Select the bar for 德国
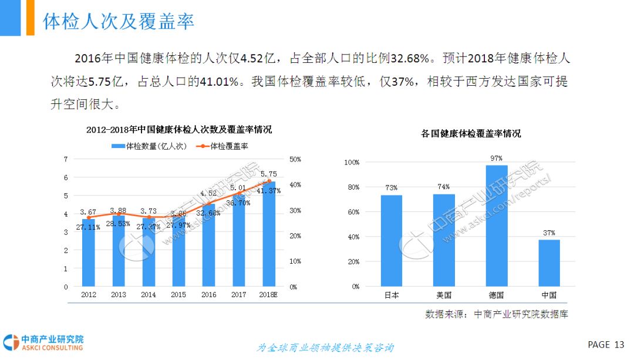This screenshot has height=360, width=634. pyautogui.click(x=497, y=226)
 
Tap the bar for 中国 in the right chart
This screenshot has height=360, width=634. pyautogui.click(x=549, y=263)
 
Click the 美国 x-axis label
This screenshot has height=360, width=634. pyautogui.click(x=444, y=295)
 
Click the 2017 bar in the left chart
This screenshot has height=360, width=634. pyautogui.click(x=238, y=241)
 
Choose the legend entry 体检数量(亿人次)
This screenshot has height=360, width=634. pyautogui.click(x=149, y=146)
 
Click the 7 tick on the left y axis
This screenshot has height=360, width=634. pyautogui.click(x=66, y=159)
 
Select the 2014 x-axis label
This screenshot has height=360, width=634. pyautogui.click(x=149, y=295)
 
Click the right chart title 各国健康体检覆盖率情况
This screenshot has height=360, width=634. pyautogui.click(x=471, y=134)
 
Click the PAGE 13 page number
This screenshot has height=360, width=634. pyautogui.click(x=606, y=344)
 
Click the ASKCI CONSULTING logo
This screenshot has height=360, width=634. pyautogui.click(x=44, y=343)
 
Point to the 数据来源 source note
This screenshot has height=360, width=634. pyautogui.click(x=497, y=314)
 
